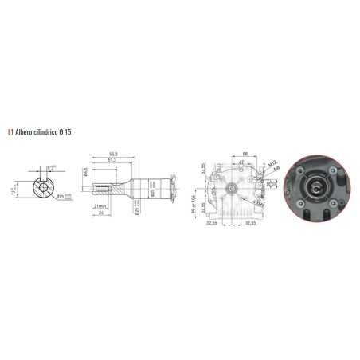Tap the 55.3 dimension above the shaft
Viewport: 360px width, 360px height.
(x=114, y=153)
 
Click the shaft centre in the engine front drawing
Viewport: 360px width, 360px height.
(x=230, y=190)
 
